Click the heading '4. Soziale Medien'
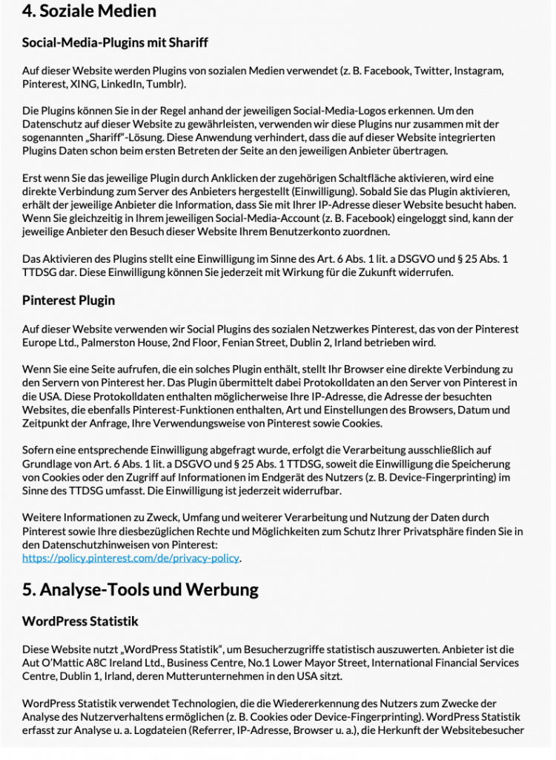pyautogui.click(x=89, y=11)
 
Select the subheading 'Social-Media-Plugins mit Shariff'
pyautogui.click(x=115, y=43)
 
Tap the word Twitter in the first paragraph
pyautogui.click(x=432, y=71)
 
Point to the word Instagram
pyautogui.click(x=480, y=71)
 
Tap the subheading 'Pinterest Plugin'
pyautogui.click(x=68, y=301)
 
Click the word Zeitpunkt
pyautogui.click(x=47, y=423)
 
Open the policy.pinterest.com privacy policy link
pyautogui.click(x=131, y=557)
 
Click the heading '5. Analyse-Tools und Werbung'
pyautogui.click(x=140, y=590)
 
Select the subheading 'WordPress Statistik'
pyautogui.click(x=80, y=621)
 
